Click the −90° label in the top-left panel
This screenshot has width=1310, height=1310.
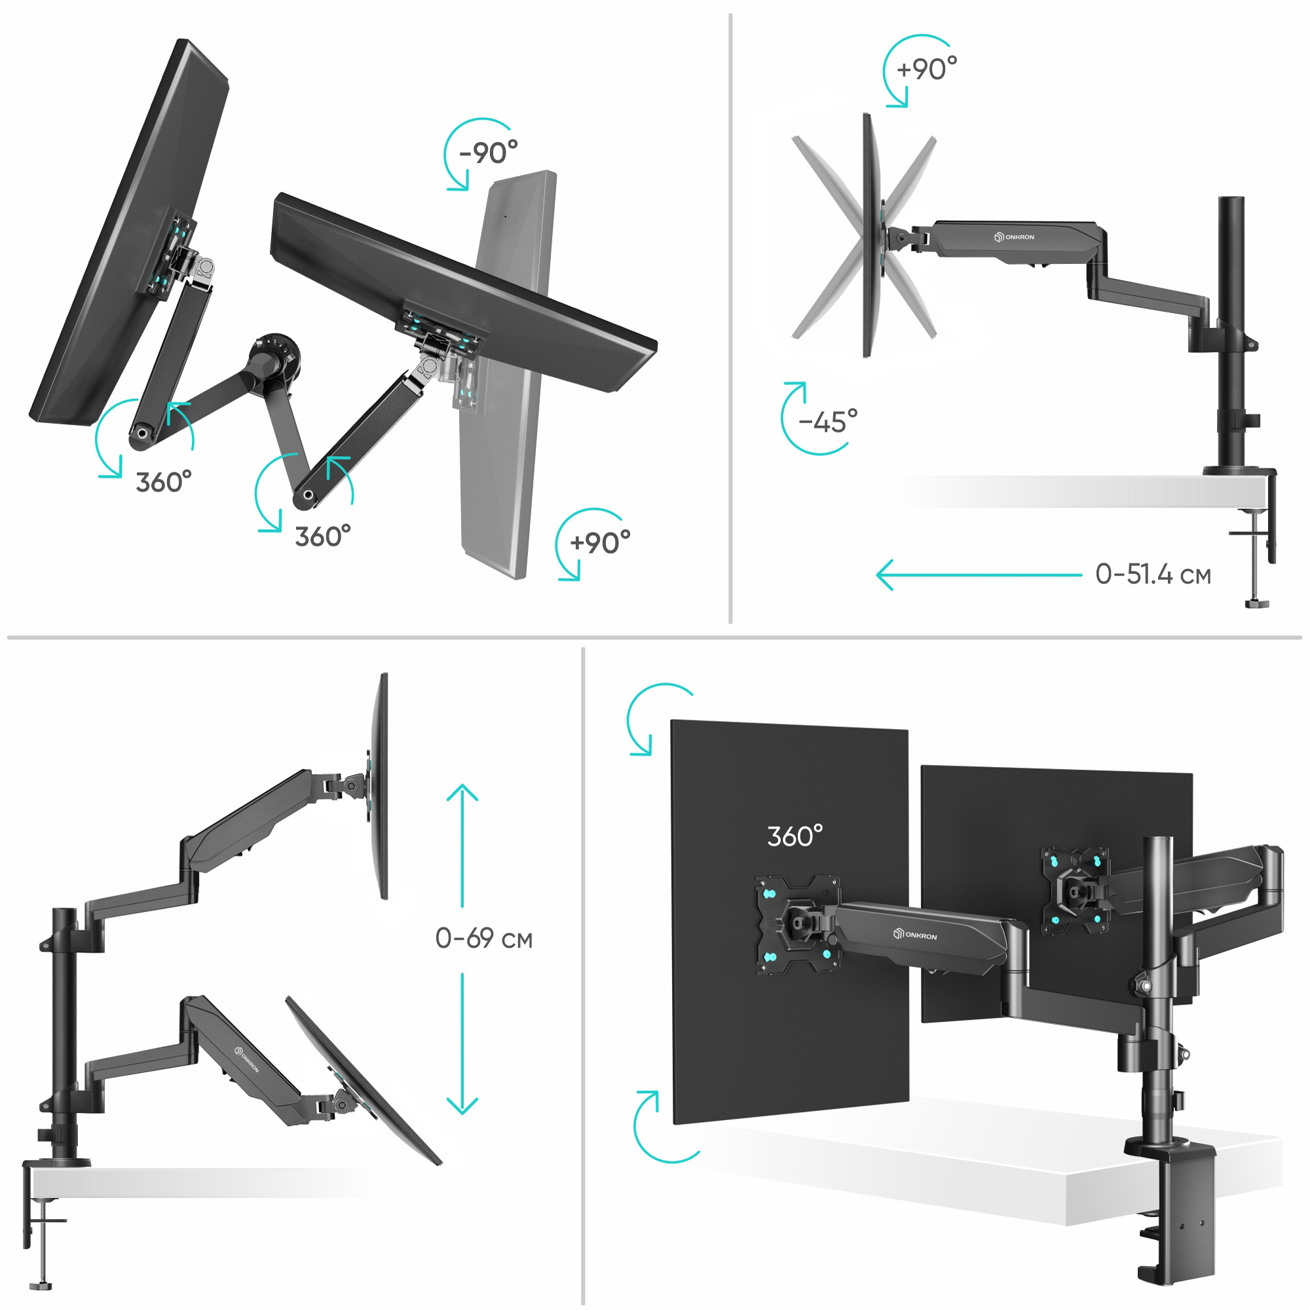(x=488, y=153)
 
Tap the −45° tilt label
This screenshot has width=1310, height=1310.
(x=828, y=422)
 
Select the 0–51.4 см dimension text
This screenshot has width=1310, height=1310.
(x=1153, y=574)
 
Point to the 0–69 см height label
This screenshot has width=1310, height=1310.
(x=483, y=939)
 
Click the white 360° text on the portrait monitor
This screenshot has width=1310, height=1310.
(x=795, y=836)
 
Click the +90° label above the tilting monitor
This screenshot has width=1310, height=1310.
(x=926, y=69)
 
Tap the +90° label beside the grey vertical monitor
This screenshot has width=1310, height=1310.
(x=600, y=542)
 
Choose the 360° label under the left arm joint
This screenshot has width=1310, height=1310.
(x=163, y=482)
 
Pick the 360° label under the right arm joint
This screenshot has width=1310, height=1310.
(x=323, y=536)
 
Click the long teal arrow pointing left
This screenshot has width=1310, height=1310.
(x=979, y=575)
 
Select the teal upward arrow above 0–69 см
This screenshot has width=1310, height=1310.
(x=462, y=846)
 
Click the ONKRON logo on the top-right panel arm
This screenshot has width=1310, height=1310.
(x=1014, y=236)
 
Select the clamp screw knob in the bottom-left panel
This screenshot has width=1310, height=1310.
(x=41, y=1286)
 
